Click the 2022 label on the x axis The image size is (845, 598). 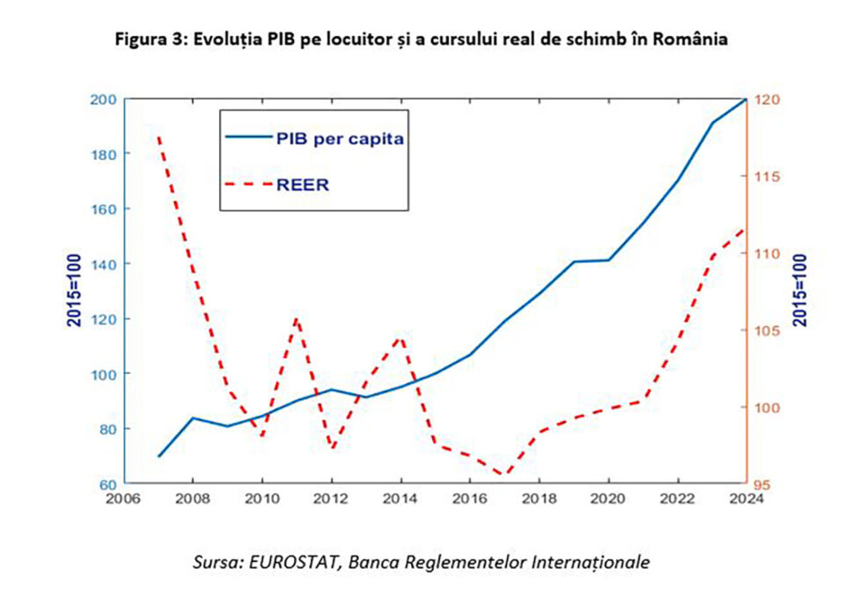point(678,498)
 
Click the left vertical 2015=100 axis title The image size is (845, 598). point(76,291)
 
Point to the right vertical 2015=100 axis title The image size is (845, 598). point(800,291)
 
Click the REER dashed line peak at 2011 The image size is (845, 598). point(297,318)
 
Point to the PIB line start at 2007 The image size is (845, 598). point(159,456)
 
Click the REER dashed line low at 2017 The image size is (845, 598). point(503,476)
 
